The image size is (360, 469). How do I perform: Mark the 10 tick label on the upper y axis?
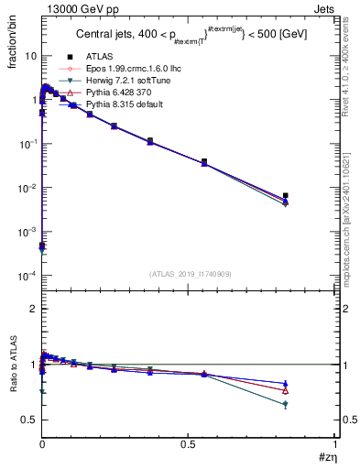click(x=29, y=56)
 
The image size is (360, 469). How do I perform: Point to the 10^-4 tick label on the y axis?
click(x=27, y=277)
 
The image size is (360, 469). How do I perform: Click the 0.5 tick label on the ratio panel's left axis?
click(x=29, y=420)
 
